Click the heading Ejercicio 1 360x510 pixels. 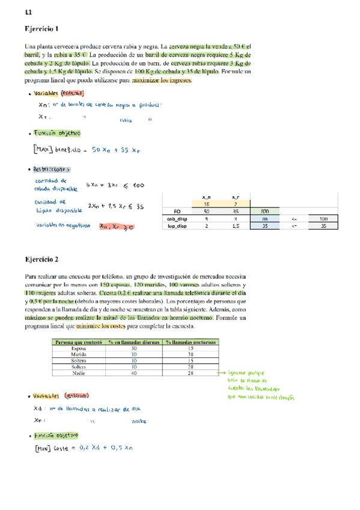click(x=41, y=28)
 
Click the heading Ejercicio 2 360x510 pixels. click(x=41, y=259)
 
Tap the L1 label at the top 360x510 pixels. click(x=28, y=12)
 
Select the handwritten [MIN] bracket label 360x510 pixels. click(x=43, y=447)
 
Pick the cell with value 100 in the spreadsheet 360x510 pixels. click(x=323, y=219)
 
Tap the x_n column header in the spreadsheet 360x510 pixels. click(x=206, y=197)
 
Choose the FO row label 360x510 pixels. click(x=177, y=212)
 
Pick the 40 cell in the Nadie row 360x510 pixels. click(x=133, y=373)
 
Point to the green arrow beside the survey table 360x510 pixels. click(x=217, y=373)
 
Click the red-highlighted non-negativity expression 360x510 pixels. click(x=116, y=227)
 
